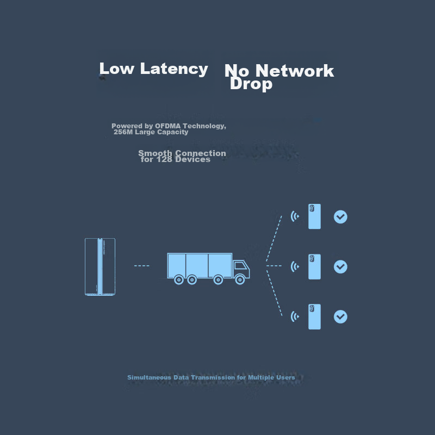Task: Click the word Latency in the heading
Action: (x=174, y=69)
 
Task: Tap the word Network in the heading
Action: (x=294, y=71)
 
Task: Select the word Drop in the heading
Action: (x=251, y=84)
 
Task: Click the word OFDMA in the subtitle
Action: (x=167, y=126)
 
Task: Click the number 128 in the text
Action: (x=164, y=159)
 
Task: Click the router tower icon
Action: (x=100, y=266)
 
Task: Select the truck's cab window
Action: (x=241, y=266)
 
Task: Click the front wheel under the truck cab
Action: (x=240, y=279)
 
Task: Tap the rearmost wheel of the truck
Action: (x=179, y=279)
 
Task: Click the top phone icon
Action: (x=314, y=216)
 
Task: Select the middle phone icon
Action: (x=314, y=266)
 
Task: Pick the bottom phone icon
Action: (x=314, y=316)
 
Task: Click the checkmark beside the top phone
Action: (x=340, y=216)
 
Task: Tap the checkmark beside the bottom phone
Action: (x=340, y=316)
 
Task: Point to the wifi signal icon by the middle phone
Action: (x=295, y=266)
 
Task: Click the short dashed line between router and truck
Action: (x=142, y=266)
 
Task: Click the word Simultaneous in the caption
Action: (x=149, y=377)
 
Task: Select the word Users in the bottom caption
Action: (x=285, y=377)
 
